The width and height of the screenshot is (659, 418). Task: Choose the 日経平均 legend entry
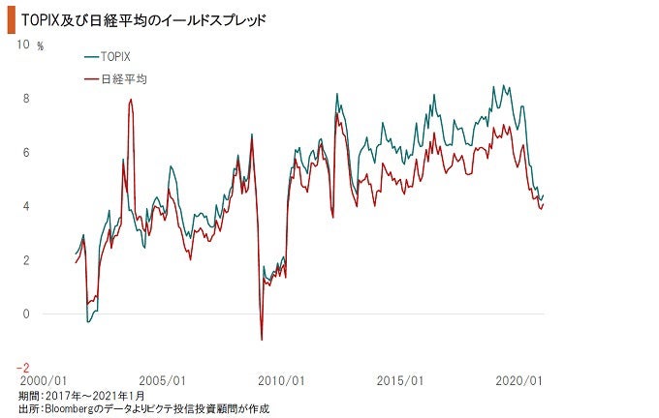[121, 78]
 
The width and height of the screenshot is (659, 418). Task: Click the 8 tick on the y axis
[27, 99]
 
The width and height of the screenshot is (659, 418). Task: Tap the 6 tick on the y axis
[27, 153]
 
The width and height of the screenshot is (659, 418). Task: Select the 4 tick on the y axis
[27, 206]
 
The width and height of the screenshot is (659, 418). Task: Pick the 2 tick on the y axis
[27, 260]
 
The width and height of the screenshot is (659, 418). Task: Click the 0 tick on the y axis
[27, 314]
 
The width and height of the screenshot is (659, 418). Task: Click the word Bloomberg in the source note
[70, 409]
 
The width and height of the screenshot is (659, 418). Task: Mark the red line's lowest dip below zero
[262, 339]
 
